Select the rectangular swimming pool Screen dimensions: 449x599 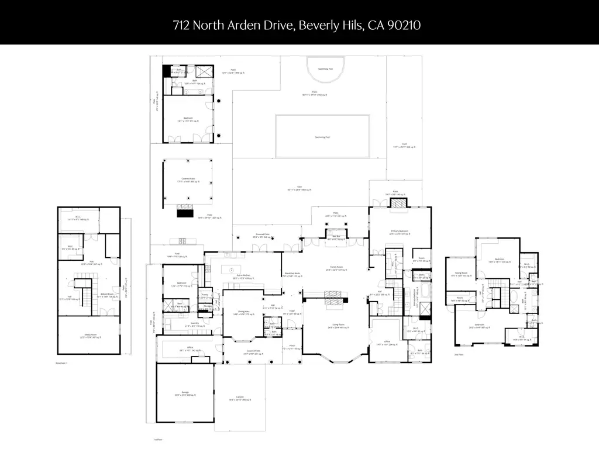(322, 136)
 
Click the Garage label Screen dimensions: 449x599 (185, 392)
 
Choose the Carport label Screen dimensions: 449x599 (240, 397)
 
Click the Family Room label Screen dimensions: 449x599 (334, 267)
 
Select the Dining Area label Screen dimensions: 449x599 (242, 313)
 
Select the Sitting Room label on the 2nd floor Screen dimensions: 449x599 (461, 272)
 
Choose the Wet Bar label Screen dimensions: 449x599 (332, 237)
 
